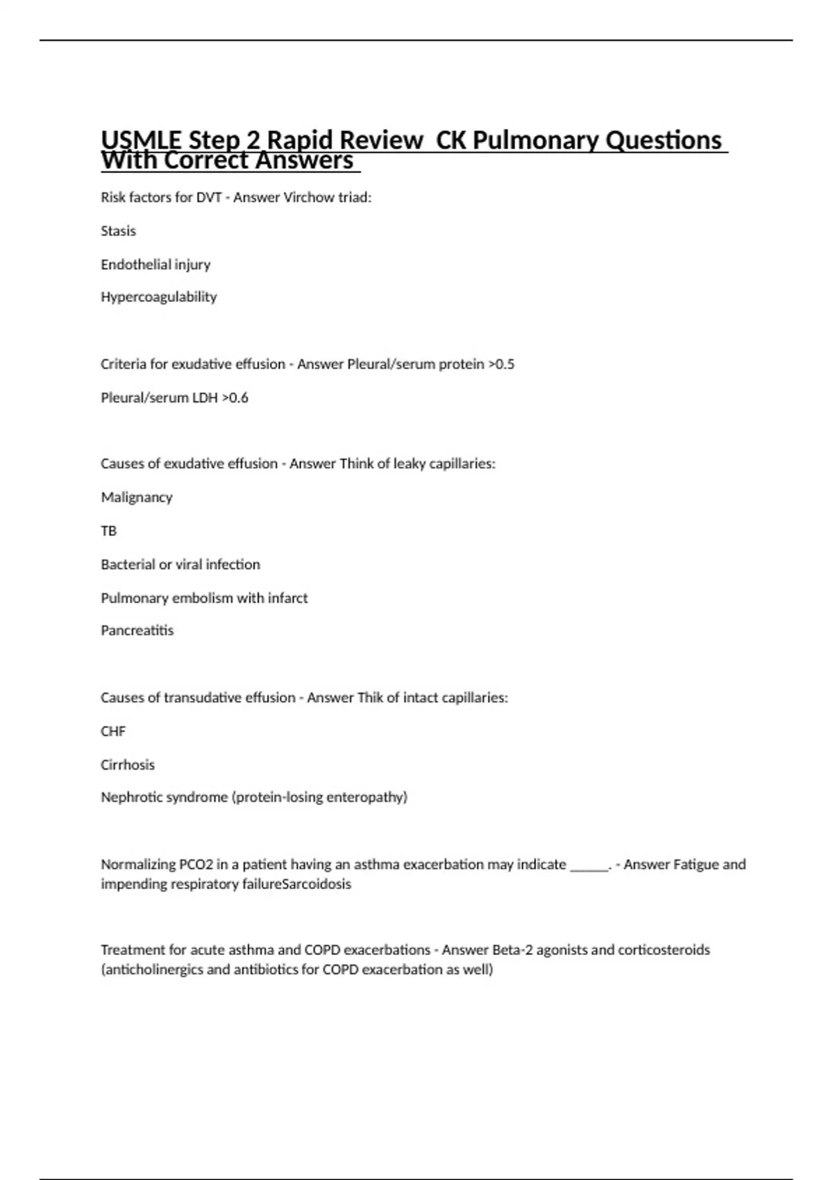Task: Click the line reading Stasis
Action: pyautogui.click(x=118, y=230)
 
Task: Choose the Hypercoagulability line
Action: pyautogui.click(x=159, y=297)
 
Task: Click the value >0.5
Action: pyautogui.click(x=501, y=364)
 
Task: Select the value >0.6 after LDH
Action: pyautogui.click(x=235, y=398)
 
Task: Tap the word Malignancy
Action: pyautogui.click(x=137, y=497)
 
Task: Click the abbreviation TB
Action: pyautogui.click(x=108, y=530)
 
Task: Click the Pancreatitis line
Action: pyautogui.click(x=137, y=630)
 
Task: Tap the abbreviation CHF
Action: pyautogui.click(x=113, y=731)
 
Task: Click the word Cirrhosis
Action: pyautogui.click(x=128, y=764)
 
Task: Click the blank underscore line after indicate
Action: pyautogui.click(x=589, y=866)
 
